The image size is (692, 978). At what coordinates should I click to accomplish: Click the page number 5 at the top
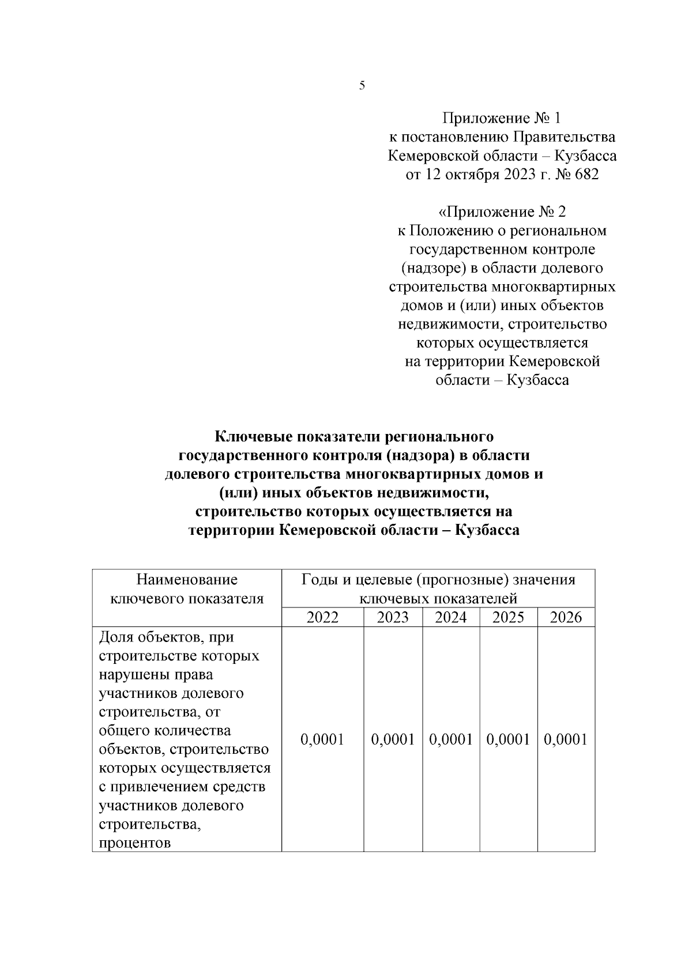pos(362,86)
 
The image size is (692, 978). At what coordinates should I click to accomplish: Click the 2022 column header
pos(322,617)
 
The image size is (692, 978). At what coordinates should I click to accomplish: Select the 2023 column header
pos(393,617)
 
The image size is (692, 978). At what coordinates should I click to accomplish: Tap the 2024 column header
pos(451,617)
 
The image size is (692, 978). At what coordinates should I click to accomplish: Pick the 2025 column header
pos(509,617)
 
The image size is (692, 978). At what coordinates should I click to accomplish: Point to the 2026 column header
pos(566,617)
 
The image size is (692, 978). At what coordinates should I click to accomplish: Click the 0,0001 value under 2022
pos(322,739)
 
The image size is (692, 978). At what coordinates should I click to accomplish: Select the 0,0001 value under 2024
pos(451,739)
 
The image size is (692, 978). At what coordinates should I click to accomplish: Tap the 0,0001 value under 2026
pos(566,739)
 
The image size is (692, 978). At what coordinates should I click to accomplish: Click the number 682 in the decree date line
pos(585,174)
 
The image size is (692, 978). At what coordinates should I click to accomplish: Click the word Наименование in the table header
pos(187,579)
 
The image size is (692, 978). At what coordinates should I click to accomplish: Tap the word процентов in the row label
pos(135,843)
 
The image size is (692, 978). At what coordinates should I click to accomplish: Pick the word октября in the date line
pos(464,174)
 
